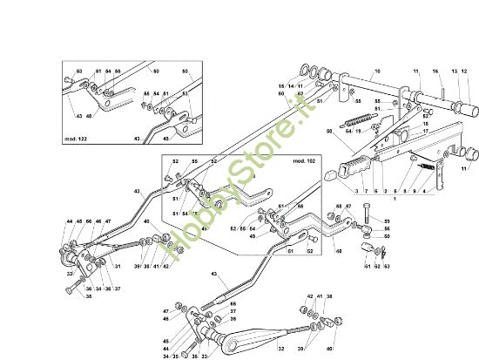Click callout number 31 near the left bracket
(117, 267)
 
